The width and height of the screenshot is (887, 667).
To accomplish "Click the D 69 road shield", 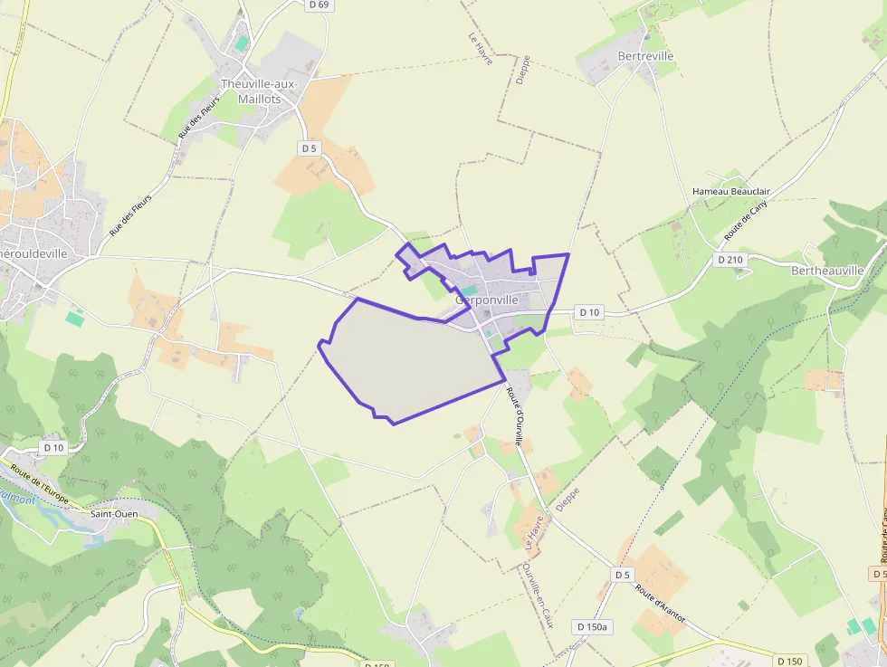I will click(x=319, y=5).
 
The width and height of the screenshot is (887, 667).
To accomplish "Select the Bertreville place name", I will click(x=645, y=56).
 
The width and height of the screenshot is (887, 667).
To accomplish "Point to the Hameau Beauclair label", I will click(x=730, y=192).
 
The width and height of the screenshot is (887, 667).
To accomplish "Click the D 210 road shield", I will click(x=730, y=260).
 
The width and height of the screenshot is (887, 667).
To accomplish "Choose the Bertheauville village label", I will click(x=826, y=271).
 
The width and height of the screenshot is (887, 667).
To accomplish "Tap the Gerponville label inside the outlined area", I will click(x=488, y=300).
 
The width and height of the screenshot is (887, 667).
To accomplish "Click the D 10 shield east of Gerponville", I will click(x=588, y=312).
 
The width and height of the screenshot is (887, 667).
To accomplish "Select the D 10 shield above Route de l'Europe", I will click(x=53, y=447).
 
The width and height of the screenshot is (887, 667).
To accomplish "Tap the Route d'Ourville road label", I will click(x=515, y=416).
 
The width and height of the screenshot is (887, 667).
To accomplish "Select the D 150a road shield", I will click(x=593, y=626).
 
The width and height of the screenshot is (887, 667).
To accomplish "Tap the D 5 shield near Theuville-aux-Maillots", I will click(x=310, y=148).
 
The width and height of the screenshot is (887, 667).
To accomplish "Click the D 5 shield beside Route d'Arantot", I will click(x=622, y=575).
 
